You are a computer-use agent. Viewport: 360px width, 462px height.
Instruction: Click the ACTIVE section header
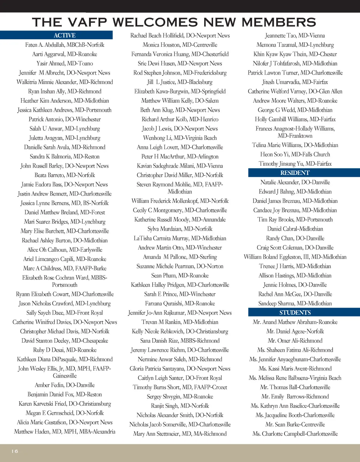click(65, 35)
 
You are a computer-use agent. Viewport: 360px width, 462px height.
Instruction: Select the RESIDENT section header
click(295, 173)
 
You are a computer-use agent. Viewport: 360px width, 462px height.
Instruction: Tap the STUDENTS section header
click(295, 313)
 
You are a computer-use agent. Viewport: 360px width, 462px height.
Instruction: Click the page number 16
click(14, 451)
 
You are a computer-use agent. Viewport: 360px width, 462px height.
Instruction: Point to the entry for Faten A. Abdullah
click(65, 45)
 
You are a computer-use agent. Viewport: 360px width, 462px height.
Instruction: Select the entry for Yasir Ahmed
click(65, 63)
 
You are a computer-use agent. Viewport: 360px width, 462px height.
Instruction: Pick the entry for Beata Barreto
click(65, 175)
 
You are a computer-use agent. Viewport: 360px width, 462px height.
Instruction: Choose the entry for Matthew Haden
click(65, 431)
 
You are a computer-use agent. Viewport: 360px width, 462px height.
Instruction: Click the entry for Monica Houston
click(180, 45)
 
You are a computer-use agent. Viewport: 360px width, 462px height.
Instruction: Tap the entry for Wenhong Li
click(180, 138)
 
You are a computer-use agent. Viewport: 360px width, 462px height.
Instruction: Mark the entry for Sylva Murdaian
click(180, 229)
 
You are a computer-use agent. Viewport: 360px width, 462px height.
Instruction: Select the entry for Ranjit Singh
click(180, 406)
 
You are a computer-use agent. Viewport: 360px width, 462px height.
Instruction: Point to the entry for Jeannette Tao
click(295, 36)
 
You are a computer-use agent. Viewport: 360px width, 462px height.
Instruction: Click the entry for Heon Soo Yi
click(295, 154)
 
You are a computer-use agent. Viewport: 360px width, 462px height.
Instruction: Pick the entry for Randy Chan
click(295, 238)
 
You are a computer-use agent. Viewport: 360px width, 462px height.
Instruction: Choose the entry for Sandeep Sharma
click(295, 303)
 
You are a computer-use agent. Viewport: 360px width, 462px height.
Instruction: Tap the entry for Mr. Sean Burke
click(295, 424)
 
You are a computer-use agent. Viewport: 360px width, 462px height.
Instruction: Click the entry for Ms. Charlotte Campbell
click(295, 434)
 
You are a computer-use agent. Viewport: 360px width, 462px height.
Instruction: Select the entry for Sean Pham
click(180, 275)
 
